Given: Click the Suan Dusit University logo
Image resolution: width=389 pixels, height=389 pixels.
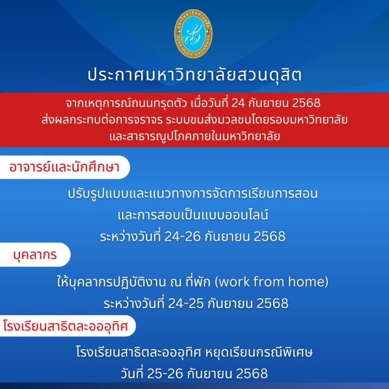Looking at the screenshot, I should [x=194, y=34].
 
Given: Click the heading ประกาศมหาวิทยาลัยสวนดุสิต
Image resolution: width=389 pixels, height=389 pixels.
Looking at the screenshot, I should [x=194, y=75].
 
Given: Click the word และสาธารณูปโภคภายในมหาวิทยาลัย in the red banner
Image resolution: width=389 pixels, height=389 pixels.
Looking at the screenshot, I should [x=194, y=136].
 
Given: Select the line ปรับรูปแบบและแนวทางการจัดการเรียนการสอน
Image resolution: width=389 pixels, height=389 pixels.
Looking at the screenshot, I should [x=194, y=193].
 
